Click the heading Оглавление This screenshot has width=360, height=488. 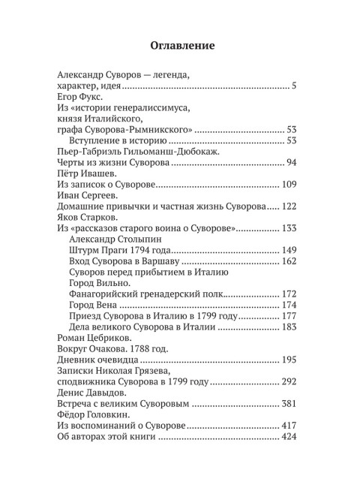pos(179,46)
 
